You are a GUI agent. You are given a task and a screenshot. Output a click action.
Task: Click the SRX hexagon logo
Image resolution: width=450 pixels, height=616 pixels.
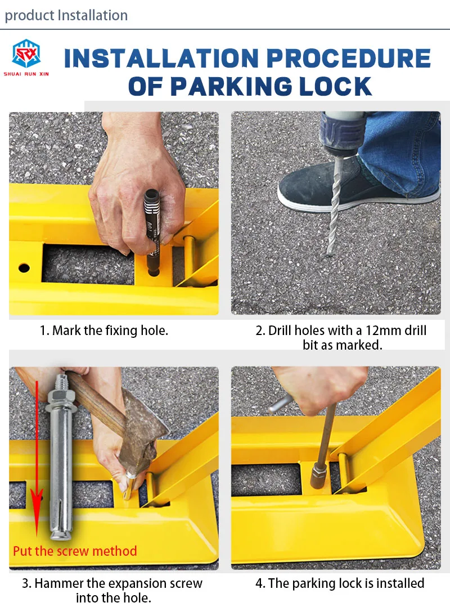pyautogui.click(x=26, y=53)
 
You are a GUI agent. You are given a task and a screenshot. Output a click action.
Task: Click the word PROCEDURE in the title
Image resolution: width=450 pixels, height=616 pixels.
pyautogui.click(x=349, y=58)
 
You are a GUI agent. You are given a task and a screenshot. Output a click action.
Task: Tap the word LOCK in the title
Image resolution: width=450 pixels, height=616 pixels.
pyautogui.click(x=335, y=86)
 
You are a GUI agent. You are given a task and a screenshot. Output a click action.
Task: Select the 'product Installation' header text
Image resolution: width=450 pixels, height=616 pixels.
pyautogui.click(x=66, y=15)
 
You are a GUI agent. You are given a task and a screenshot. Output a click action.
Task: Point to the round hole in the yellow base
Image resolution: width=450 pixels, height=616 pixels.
pyautogui.click(x=24, y=268)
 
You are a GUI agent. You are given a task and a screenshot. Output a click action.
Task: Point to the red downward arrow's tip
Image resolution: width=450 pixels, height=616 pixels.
pyautogui.click(x=37, y=536)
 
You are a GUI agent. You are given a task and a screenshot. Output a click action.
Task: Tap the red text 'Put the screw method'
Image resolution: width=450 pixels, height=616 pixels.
pyautogui.click(x=75, y=551)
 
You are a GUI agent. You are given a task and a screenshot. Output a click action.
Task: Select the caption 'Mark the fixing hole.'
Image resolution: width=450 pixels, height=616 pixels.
pyautogui.click(x=104, y=331)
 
